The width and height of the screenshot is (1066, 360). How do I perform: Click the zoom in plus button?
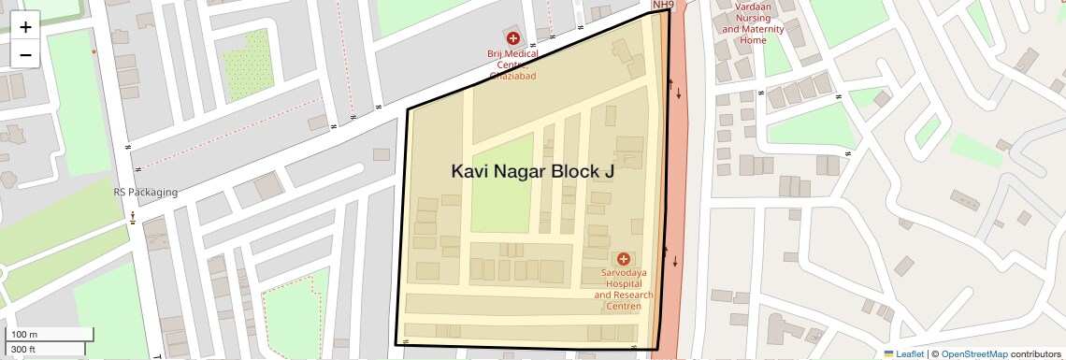point(25,26)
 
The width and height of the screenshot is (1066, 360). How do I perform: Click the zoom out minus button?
point(25,54)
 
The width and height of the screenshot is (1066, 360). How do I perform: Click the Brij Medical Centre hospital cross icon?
point(512,38)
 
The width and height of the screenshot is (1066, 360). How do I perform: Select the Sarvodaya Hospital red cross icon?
point(623,257)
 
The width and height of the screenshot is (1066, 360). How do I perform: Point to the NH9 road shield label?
point(663,6)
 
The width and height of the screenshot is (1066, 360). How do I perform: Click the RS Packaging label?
point(145,193)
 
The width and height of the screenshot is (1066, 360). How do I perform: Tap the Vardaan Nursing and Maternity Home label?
point(753,22)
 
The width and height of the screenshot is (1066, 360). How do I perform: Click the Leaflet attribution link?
point(903,353)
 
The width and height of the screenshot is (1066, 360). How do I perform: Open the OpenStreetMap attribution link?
point(973,353)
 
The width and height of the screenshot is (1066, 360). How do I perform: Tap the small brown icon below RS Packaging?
point(132,218)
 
